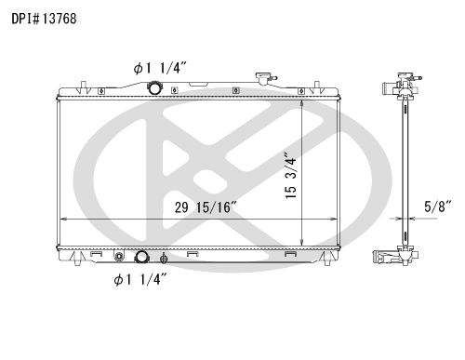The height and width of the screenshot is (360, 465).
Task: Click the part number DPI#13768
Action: click(44, 19)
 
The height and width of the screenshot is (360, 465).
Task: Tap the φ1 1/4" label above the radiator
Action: click(160, 68)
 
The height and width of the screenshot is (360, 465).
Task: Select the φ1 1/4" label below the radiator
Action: click(140, 280)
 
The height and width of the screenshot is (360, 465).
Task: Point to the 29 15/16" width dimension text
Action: click(206, 207)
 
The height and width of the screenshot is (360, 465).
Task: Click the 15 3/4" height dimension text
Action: click(291, 175)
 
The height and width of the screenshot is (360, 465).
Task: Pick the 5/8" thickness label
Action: click(438, 207)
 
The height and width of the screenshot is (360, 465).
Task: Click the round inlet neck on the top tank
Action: click(154, 87)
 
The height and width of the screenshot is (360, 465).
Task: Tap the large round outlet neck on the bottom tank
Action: click(141, 257)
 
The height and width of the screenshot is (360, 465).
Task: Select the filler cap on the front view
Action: click(263, 77)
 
